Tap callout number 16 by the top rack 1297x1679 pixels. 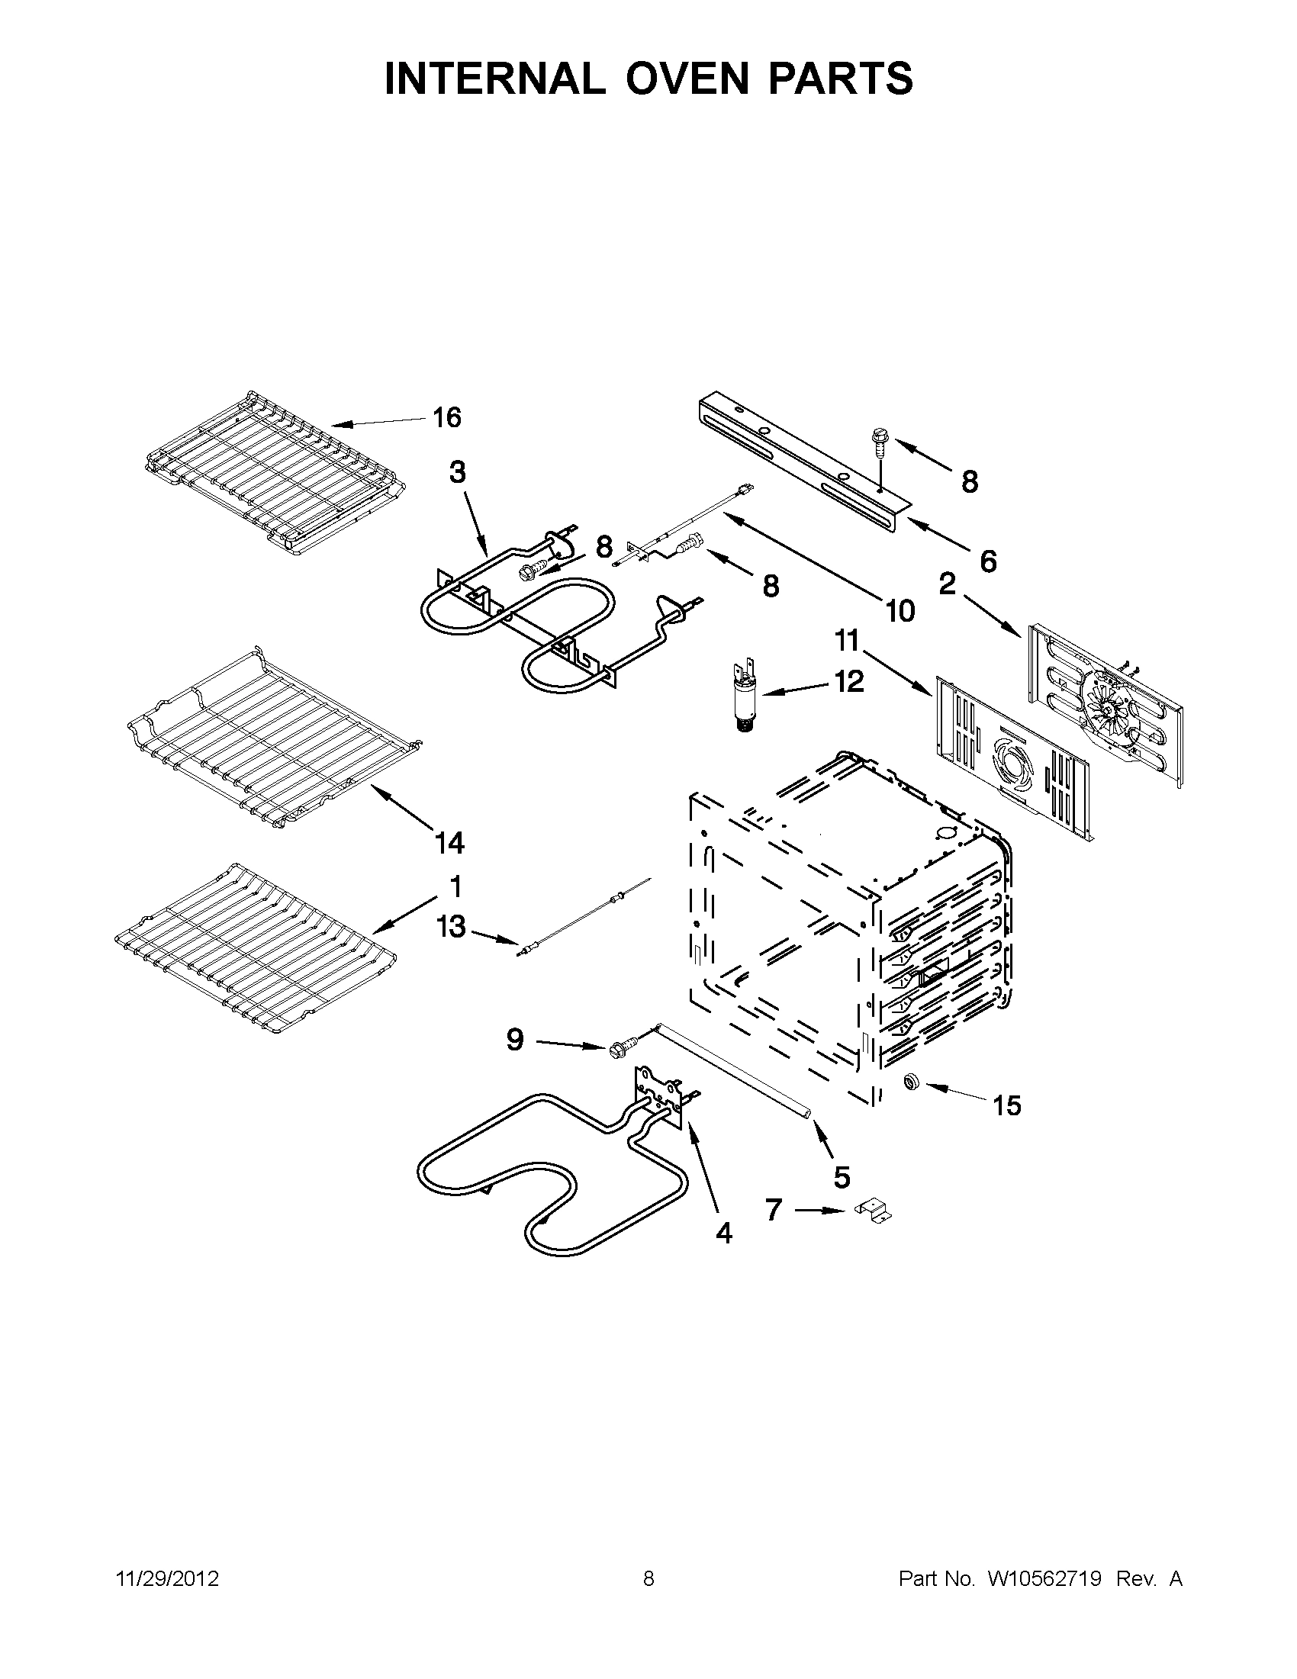tap(446, 418)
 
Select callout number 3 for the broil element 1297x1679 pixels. tap(458, 472)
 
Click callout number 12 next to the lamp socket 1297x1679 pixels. tap(850, 681)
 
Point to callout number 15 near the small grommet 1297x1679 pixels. tap(1006, 1105)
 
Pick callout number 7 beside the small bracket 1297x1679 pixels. tap(774, 1211)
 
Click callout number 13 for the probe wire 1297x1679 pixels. tap(452, 926)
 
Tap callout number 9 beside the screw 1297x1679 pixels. tap(515, 1041)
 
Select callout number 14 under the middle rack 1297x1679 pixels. tap(450, 844)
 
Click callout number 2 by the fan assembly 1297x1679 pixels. tap(947, 584)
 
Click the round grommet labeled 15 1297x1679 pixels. tap(912, 1083)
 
